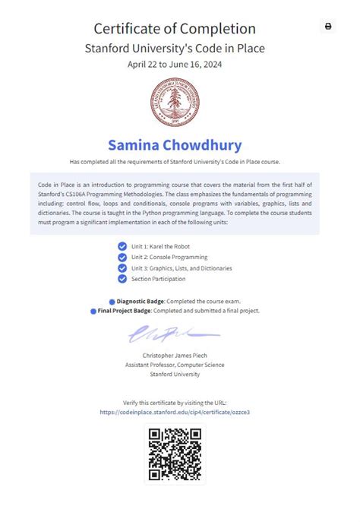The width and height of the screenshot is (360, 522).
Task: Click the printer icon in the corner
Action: click(328, 26)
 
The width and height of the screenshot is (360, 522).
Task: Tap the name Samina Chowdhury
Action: click(175, 144)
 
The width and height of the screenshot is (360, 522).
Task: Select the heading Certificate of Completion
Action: click(175, 29)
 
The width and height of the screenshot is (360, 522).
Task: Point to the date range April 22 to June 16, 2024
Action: click(175, 64)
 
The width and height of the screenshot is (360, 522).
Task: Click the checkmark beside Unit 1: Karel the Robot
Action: click(122, 246)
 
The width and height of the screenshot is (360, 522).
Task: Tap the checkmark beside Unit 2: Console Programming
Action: click(122, 257)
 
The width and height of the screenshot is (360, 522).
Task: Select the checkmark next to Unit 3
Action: click(122, 267)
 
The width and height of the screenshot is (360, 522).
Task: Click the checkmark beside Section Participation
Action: click(122, 279)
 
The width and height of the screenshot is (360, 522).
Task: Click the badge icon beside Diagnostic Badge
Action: click(112, 302)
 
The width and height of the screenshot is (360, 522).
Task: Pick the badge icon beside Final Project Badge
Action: click(93, 311)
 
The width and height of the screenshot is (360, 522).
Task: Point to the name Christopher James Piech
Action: click(175, 356)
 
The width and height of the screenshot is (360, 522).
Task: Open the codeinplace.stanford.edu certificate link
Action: click(175, 412)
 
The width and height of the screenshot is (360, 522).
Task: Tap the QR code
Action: click(175, 454)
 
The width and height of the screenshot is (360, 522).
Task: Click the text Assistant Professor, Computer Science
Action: click(175, 365)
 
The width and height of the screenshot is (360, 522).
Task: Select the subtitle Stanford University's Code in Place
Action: click(175, 49)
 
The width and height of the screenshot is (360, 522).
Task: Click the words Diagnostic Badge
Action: click(141, 302)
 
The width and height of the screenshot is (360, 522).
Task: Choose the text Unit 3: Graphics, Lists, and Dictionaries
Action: click(182, 268)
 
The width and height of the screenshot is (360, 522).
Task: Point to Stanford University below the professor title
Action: click(175, 374)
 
